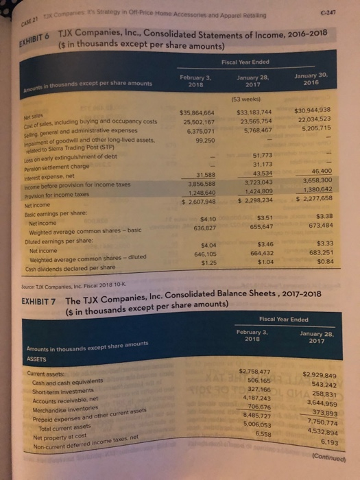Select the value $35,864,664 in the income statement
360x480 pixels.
click(x=198, y=111)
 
